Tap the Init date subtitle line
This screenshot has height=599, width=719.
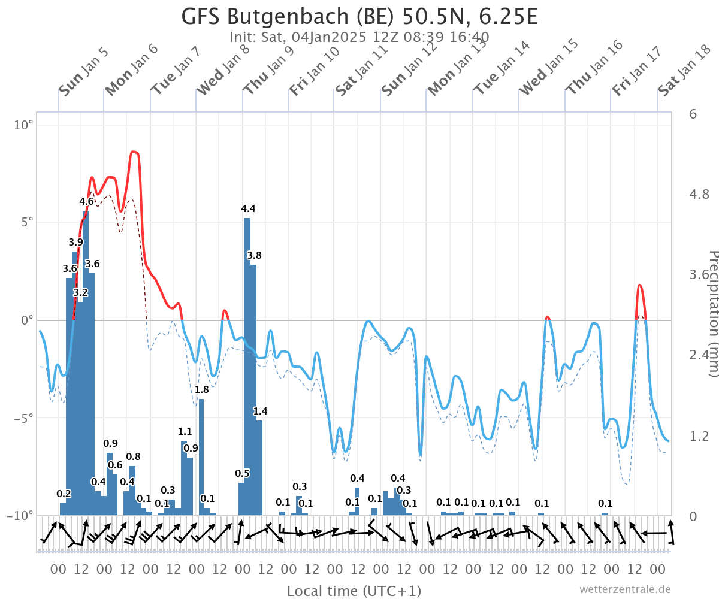(359, 37)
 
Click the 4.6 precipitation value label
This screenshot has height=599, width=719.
(86, 201)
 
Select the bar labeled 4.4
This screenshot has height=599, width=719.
(247, 367)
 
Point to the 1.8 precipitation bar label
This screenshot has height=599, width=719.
(201, 389)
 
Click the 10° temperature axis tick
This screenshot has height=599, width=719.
(23, 125)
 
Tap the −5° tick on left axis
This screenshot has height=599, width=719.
(23, 418)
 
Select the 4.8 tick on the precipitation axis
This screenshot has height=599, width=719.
(699, 195)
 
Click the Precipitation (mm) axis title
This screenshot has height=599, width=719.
(713, 314)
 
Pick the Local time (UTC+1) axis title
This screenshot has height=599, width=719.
(354, 591)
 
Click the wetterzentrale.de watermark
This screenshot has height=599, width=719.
(625, 589)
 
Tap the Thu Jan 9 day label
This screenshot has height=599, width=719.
(268, 70)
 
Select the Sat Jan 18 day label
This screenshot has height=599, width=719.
(684, 70)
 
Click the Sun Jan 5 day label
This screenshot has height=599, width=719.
(84, 72)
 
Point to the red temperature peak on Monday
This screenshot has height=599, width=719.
(134, 152)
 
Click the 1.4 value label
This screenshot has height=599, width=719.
(260, 411)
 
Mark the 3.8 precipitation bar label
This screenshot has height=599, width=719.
(254, 255)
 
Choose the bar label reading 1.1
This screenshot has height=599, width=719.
(185, 431)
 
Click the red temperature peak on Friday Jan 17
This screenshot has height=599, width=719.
(639, 285)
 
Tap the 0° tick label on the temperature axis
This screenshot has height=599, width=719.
(27, 320)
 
